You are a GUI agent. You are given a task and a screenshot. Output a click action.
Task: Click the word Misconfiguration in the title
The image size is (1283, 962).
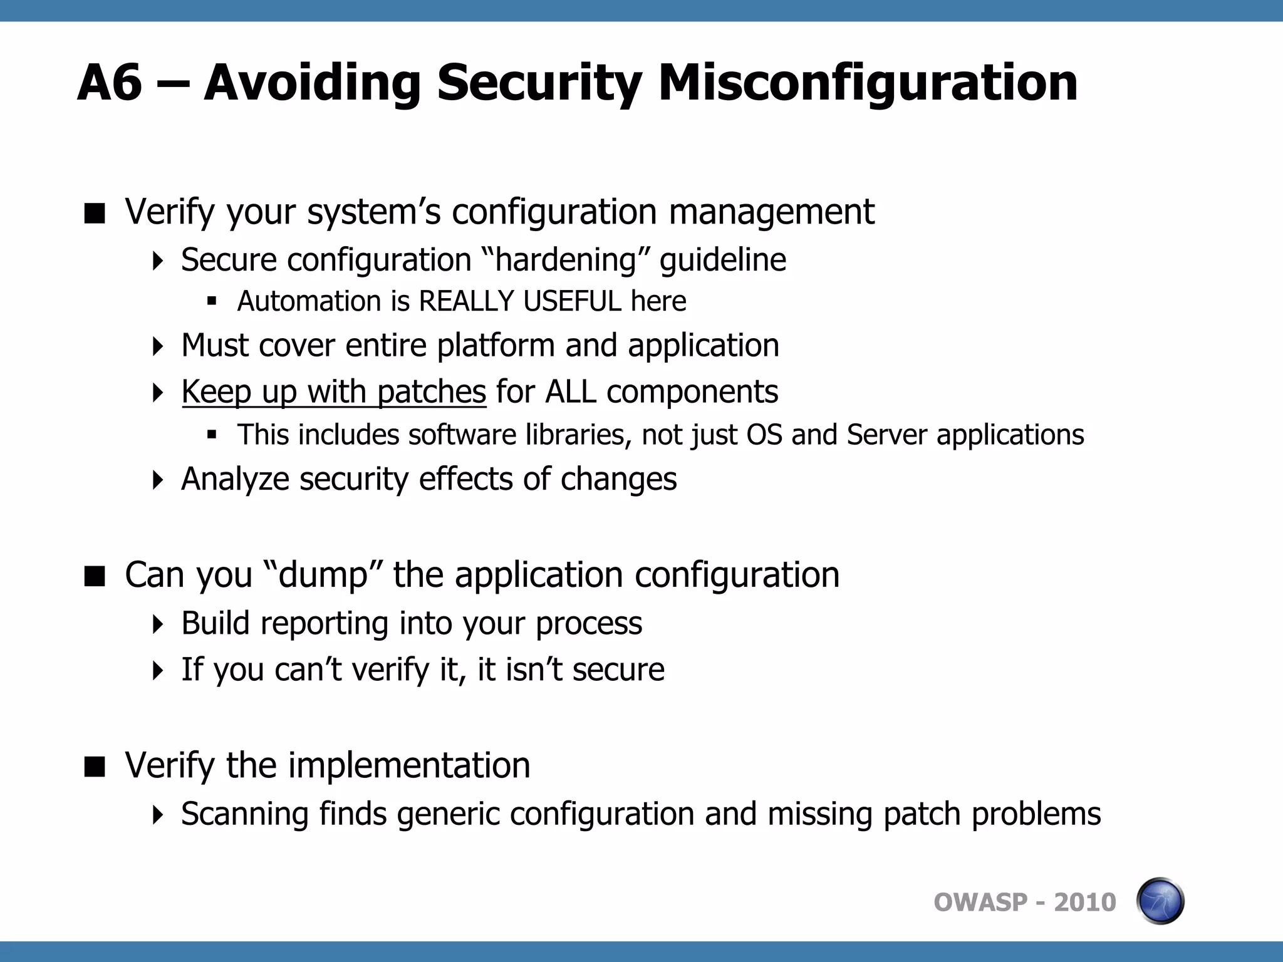868,83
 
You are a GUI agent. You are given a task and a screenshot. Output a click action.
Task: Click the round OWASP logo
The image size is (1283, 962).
1160,901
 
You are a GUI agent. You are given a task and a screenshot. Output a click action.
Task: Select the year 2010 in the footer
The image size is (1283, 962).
1085,903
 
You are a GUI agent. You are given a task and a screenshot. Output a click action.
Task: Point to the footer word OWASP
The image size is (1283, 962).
980,903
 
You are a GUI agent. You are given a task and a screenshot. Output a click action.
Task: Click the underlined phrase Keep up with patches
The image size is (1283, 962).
334,393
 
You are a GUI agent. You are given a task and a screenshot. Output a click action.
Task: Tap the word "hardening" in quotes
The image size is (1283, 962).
567,260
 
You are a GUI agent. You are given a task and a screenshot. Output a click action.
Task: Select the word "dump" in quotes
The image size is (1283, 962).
323,575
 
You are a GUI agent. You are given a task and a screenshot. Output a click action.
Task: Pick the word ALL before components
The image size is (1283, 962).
570,393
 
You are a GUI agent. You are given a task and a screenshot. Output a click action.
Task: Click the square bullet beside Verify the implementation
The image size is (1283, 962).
95,766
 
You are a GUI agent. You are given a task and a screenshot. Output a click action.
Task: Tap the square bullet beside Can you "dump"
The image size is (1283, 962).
95,576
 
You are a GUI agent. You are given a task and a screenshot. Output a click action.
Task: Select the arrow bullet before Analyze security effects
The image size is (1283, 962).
158,480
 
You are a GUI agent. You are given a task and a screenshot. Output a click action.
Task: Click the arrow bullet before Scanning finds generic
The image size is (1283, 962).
158,815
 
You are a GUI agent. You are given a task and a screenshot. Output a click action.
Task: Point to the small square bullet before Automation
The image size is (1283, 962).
212,302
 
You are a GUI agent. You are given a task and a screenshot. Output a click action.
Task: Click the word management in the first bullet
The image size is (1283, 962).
771,212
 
